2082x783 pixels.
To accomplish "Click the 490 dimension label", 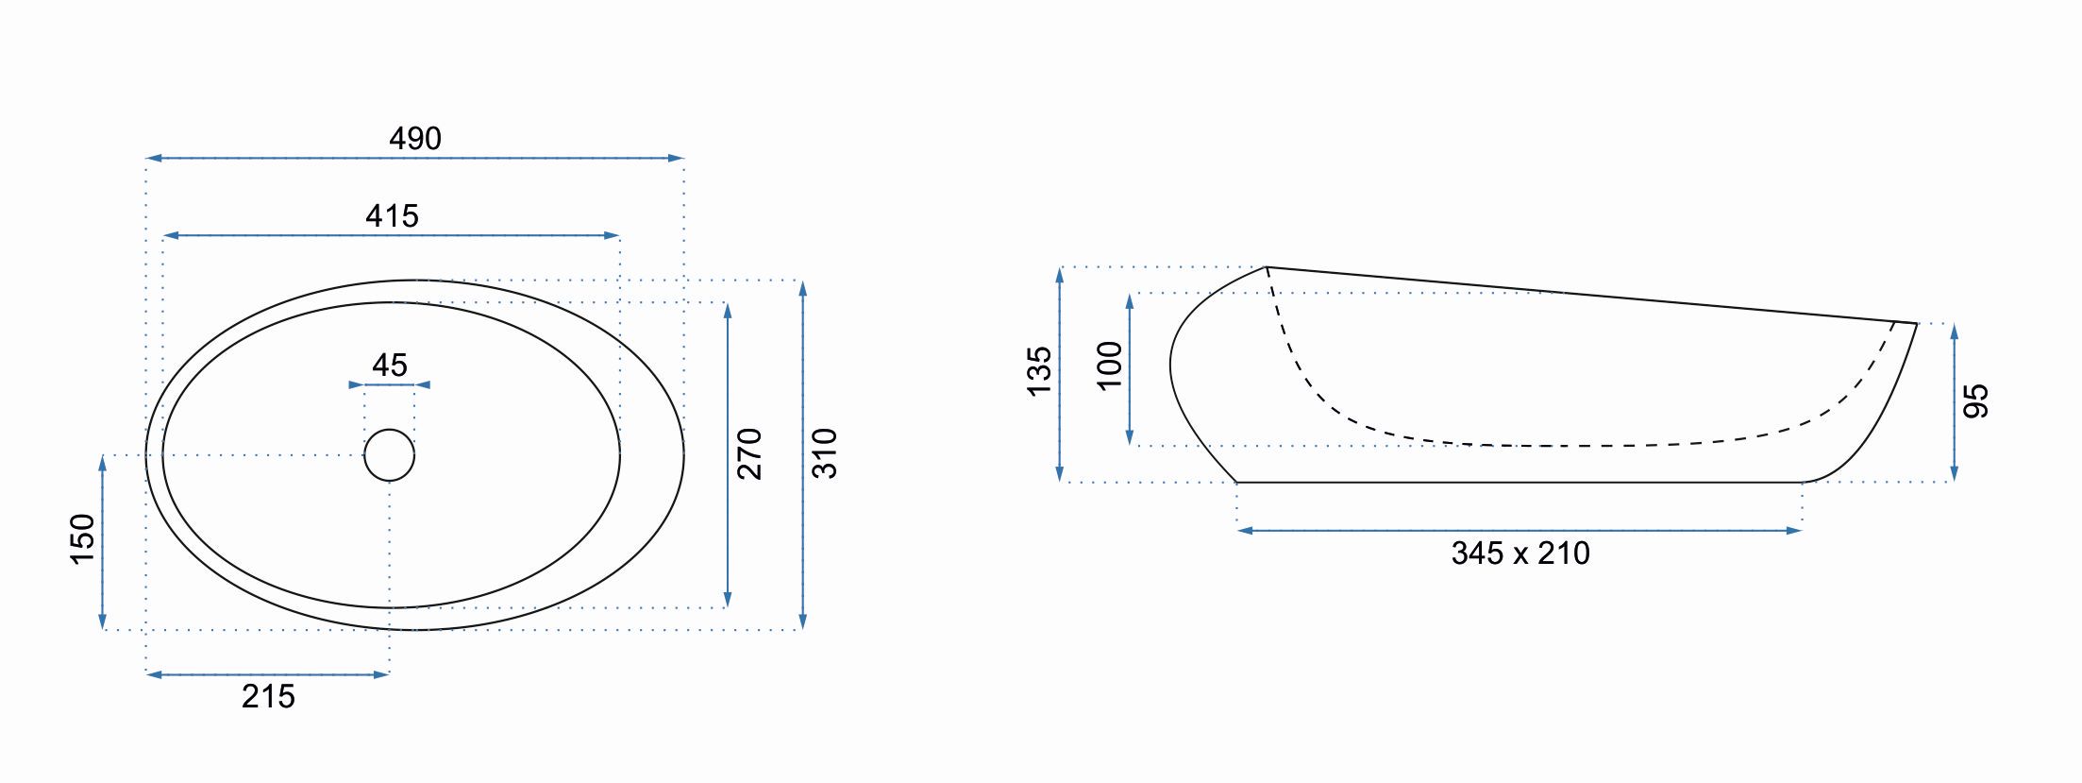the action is (x=415, y=139).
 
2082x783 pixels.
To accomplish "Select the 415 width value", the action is (x=392, y=216).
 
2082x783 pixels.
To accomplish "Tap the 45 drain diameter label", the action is (x=390, y=366).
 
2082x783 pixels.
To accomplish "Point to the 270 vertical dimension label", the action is (x=748, y=454).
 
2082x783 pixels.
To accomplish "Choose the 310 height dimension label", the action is (x=824, y=454).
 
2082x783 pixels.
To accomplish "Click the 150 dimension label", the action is (x=82, y=540).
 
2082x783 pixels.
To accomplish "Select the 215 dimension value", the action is (x=268, y=697).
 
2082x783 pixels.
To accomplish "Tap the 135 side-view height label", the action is (x=1038, y=371).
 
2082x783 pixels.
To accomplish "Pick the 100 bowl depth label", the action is (x=1110, y=366).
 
